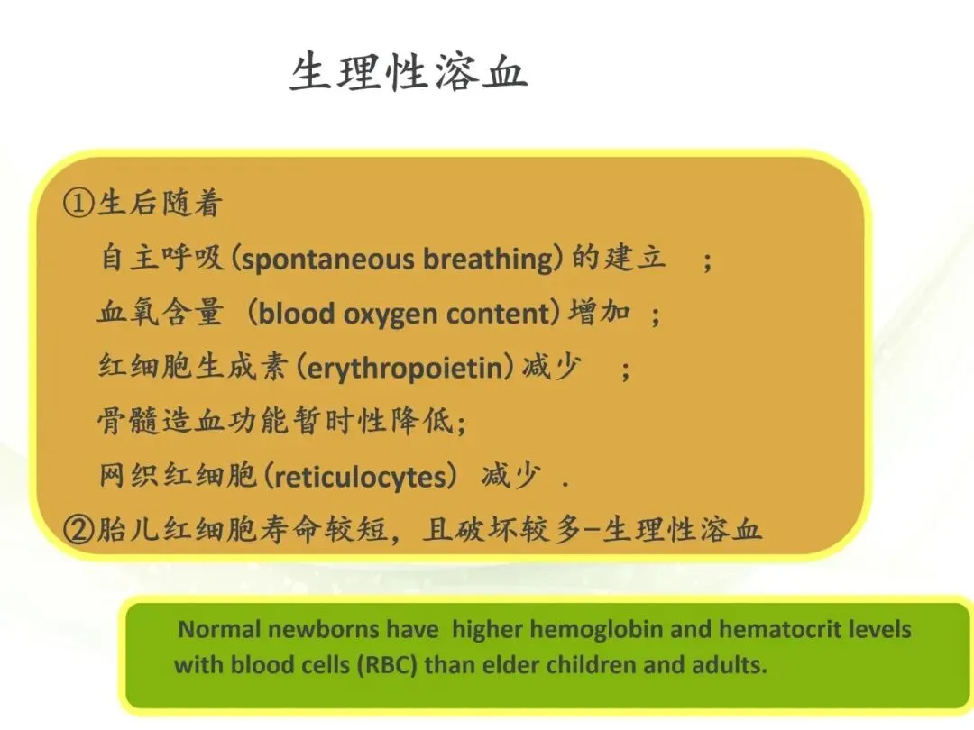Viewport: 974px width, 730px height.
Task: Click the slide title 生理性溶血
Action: tap(409, 72)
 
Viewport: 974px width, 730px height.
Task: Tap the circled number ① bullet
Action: tap(78, 203)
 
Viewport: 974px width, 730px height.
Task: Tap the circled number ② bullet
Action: tap(78, 530)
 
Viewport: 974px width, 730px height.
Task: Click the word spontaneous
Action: tap(326, 260)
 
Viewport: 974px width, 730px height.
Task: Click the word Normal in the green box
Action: tap(219, 629)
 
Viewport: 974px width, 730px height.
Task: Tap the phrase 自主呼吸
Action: tap(161, 257)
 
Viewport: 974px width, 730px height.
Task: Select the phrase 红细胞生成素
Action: tap(193, 366)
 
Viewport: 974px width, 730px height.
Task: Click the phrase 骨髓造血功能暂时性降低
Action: tap(275, 421)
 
